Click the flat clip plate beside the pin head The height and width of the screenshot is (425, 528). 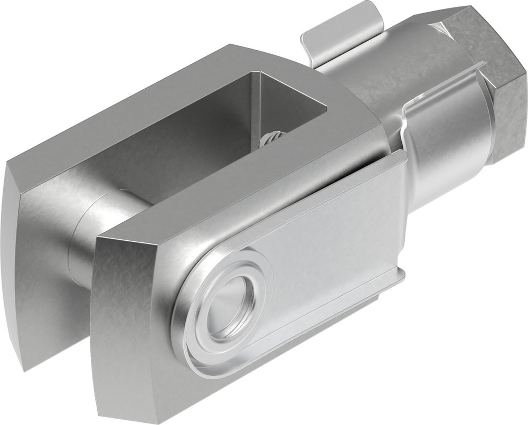point(338,232)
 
